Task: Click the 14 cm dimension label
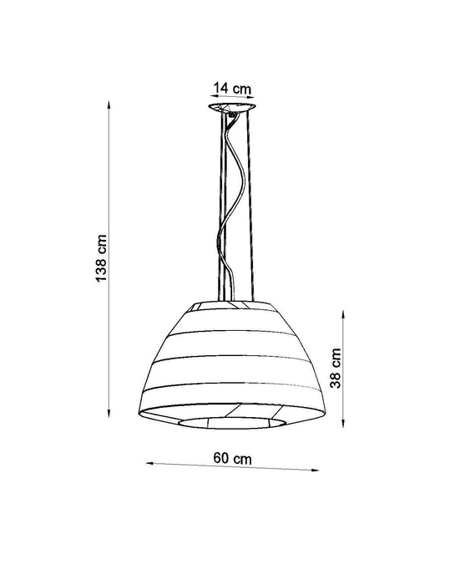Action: coord(232,87)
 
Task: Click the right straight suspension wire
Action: coord(250,209)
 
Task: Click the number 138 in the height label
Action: coord(101,267)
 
